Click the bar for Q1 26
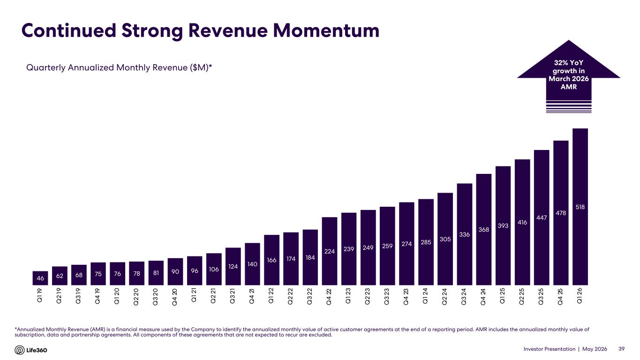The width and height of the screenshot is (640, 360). click(580, 207)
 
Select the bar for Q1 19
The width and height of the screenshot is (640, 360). click(40, 278)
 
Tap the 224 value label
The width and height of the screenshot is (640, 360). click(330, 251)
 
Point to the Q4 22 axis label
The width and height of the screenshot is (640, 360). click(330, 297)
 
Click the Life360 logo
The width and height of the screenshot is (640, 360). click(31, 350)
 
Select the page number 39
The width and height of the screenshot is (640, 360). click(621, 349)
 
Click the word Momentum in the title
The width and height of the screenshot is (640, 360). click(326, 30)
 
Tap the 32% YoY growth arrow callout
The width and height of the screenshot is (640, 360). click(569, 76)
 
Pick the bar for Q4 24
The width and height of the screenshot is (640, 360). click(484, 229)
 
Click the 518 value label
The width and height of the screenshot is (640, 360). click(580, 207)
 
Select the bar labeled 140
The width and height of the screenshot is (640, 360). click(252, 264)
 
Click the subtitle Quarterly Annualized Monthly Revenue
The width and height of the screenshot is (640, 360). click(119, 67)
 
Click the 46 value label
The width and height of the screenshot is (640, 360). click(40, 278)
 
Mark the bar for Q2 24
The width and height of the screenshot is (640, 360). click(445, 239)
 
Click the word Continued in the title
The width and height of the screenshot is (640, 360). click(69, 30)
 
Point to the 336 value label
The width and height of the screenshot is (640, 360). click(465, 234)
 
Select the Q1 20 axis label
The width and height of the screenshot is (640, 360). click(117, 297)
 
